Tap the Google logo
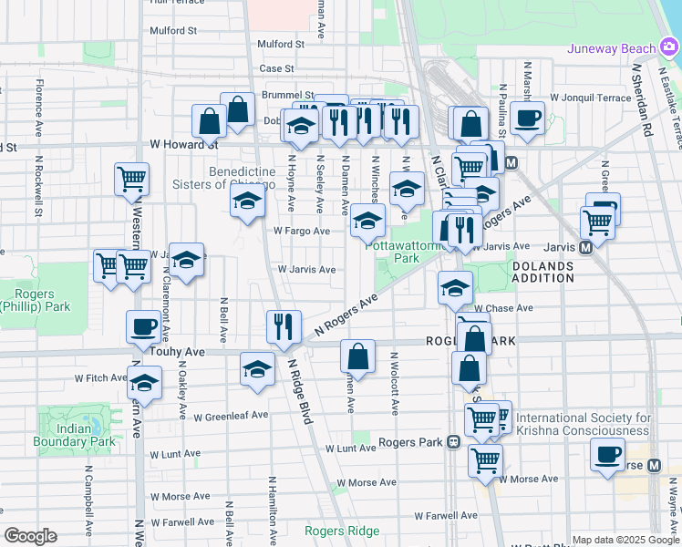pyautogui.click(x=30, y=536)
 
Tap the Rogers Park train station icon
pyautogui.click(x=452, y=443)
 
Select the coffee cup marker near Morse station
pyautogui.click(x=607, y=454)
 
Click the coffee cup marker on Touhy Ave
pyautogui.click(x=144, y=327)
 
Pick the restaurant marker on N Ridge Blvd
pyautogui.click(x=284, y=326)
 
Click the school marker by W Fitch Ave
pyautogui.click(x=145, y=383)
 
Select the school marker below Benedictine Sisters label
pyautogui.click(x=246, y=204)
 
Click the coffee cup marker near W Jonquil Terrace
pyautogui.click(x=526, y=117)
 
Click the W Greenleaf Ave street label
pyautogui.click(x=231, y=416)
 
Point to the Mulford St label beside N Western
pyautogui.click(x=172, y=30)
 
